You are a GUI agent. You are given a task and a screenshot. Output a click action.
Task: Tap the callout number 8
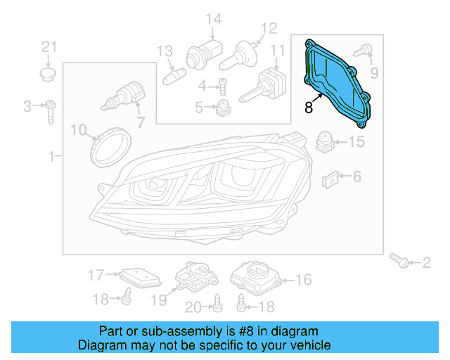tap(309, 108)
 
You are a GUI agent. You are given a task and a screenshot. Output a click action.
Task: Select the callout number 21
tap(48, 47)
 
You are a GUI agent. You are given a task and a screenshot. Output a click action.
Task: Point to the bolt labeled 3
tap(51, 108)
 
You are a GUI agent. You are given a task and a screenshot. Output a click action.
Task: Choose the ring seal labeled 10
tap(112, 144)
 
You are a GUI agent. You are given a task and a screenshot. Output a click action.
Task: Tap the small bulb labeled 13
tap(172, 72)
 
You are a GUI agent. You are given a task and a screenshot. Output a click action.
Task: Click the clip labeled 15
tap(324, 141)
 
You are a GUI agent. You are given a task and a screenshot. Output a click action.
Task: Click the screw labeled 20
tap(218, 302)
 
